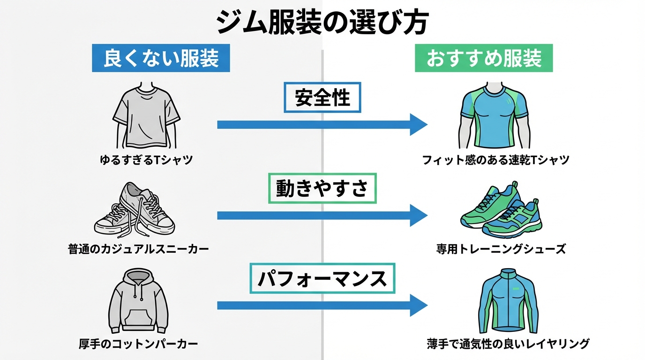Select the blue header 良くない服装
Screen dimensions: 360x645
click(x=161, y=59)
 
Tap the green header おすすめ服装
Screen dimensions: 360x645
click(x=483, y=59)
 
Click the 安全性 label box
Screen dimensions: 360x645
click(x=322, y=98)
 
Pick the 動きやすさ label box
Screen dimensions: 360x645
click(x=322, y=188)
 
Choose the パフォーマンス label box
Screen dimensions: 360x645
click(x=322, y=278)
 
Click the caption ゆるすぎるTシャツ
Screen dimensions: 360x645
click(x=146, y=160)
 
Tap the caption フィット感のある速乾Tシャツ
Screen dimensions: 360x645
click(x=495, y=160)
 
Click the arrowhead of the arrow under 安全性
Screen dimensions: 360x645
click(x=418, y=125)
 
